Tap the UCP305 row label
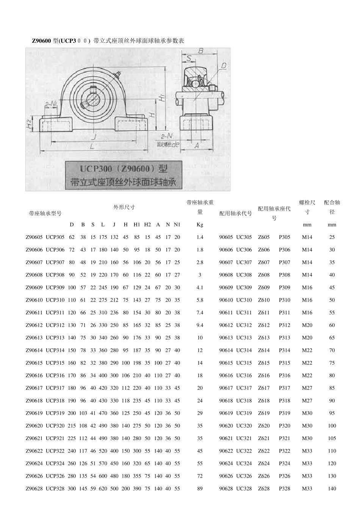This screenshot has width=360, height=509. point(55,237)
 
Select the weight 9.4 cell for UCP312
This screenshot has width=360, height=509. point(200,325)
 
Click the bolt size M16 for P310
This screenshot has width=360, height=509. point(307,300)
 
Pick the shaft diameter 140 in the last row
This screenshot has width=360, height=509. point(332,489)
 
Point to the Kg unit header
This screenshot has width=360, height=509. point(200,225)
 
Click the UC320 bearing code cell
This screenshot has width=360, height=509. point(244,426)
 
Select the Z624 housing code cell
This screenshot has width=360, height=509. point(264,463)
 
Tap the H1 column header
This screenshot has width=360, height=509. point(137,225)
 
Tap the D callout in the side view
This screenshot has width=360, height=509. point(223,66)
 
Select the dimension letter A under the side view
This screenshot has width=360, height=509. point(197,145)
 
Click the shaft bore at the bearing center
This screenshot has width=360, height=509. point(92,102)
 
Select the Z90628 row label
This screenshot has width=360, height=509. point(34,489)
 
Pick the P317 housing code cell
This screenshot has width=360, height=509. point(284,388)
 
